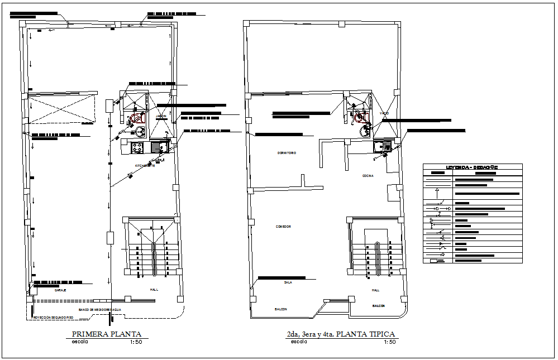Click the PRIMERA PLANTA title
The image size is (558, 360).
[107, 334]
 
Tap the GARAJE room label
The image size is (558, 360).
[61, 291]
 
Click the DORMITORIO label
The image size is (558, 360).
[287, 153]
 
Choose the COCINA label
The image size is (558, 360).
[368, 176]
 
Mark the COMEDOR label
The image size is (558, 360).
[283, 227]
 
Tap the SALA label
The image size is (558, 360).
[288, 282]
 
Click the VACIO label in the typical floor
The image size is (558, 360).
[384, 113]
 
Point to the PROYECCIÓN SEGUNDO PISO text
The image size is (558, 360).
[53, 317]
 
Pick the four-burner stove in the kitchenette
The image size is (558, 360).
[137, 148]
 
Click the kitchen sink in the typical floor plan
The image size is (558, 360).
[384, 147]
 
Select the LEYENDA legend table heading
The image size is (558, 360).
[472, 167]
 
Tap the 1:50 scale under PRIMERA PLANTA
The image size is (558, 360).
[135, 342]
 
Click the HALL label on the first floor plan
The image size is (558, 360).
[154, 290]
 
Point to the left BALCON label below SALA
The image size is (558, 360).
[280, 309]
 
